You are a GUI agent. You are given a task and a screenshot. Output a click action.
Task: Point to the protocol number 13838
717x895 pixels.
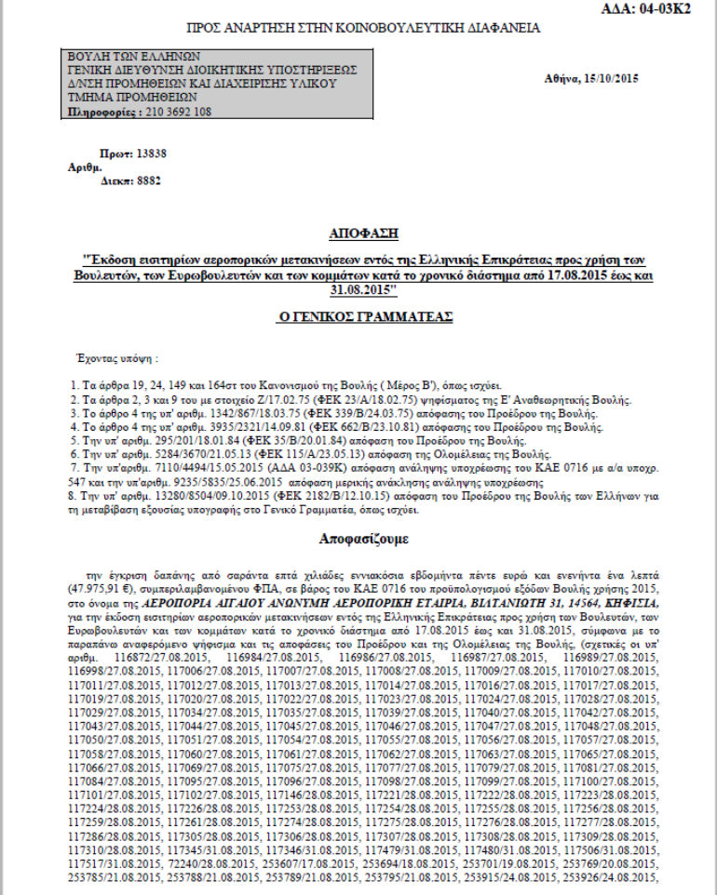click(x=151, y=152)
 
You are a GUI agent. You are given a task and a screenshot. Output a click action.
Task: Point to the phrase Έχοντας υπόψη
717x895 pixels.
click(x=115, y=356)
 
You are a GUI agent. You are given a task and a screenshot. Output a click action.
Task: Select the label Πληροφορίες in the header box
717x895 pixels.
click(x=98, y=112)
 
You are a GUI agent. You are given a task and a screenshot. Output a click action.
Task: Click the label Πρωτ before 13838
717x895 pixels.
click(x=113, y=152)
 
